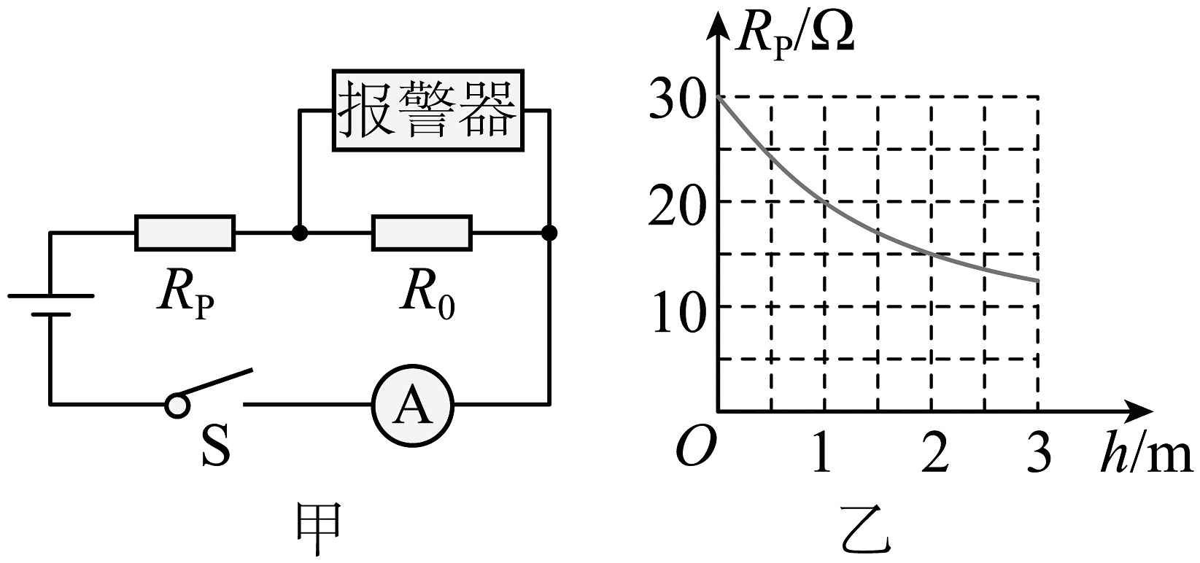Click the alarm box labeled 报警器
[x=428, y=111]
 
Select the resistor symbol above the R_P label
[x=185, y=233]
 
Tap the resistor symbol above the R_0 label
[x=422, y=233]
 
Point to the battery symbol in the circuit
[x=50, y=305]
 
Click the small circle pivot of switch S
[x=176, y=405]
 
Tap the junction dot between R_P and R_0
[x=298, y=233]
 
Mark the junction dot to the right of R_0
[x=550, y=233]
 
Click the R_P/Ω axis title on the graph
[x=794, y=35]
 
